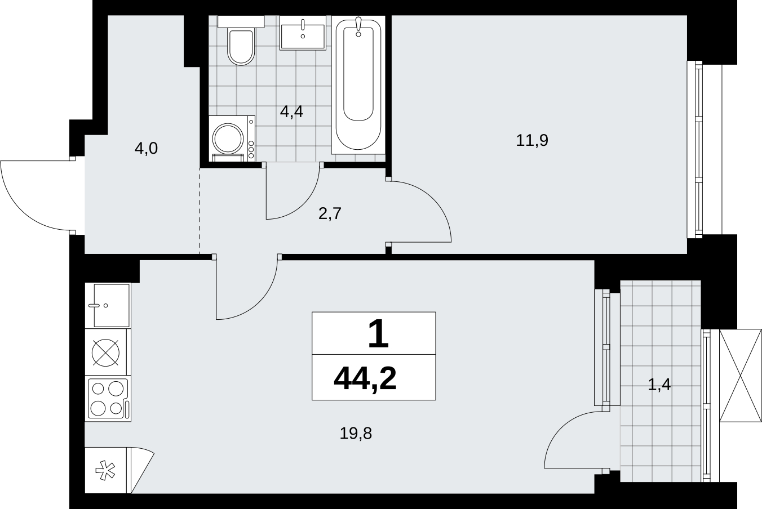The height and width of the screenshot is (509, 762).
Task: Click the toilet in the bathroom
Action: (x=241, y=40)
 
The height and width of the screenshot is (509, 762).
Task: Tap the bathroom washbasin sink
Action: (x=303, y=33)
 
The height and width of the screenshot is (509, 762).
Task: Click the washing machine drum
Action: (x=228, y=139)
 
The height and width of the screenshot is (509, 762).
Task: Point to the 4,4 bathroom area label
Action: (x=291, y=111)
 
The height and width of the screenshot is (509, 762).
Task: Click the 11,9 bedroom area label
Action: (x=532, y=140)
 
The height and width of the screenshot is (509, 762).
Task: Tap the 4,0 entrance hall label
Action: (x=147, y=149)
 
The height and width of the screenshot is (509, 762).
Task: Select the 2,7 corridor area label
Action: (x=330, y=213)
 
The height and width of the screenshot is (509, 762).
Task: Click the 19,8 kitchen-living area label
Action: (x=356, y=433)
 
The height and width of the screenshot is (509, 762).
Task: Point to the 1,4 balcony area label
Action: (x=659, y=385)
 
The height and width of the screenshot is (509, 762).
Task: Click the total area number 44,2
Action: (x=365, y=378)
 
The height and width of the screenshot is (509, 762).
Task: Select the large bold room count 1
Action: (x=378, y=334)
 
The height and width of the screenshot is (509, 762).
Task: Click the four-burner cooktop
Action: (x=108, y=399)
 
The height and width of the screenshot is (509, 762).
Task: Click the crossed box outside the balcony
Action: (x=740, y=376)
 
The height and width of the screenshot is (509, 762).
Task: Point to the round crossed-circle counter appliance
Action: (x=105, y=352)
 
